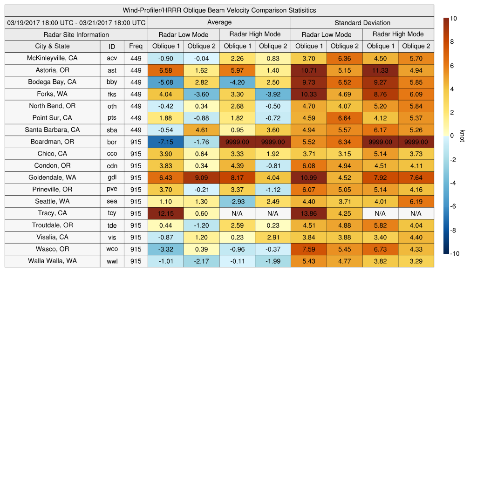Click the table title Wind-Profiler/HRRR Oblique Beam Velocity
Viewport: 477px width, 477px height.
coord(219,10)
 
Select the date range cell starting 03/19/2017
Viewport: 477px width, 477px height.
coord(76,22)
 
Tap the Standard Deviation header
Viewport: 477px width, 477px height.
coord(362,22)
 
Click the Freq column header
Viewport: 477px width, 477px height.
coord(136,46)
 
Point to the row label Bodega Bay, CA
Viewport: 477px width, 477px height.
coord(52,82)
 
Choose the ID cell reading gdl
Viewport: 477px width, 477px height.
coord(112,177)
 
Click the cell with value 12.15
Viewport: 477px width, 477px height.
coord(166,213)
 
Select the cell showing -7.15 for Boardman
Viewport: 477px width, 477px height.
coord(166,142)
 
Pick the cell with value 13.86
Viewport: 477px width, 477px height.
coord(309,213)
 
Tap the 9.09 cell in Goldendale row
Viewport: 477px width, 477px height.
coord(201,177)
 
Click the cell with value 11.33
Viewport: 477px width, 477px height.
coord(380,70)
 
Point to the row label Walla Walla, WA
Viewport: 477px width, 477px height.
coord(52,261)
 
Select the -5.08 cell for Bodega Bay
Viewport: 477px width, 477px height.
coord(166,82)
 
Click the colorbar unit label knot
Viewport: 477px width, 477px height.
coord(462,136)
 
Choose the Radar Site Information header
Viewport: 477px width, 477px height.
coord(76,34)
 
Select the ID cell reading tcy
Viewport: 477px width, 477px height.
coord(112,213)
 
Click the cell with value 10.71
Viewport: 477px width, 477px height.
coord(309,70)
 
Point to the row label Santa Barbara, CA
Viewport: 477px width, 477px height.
coord(52,130)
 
